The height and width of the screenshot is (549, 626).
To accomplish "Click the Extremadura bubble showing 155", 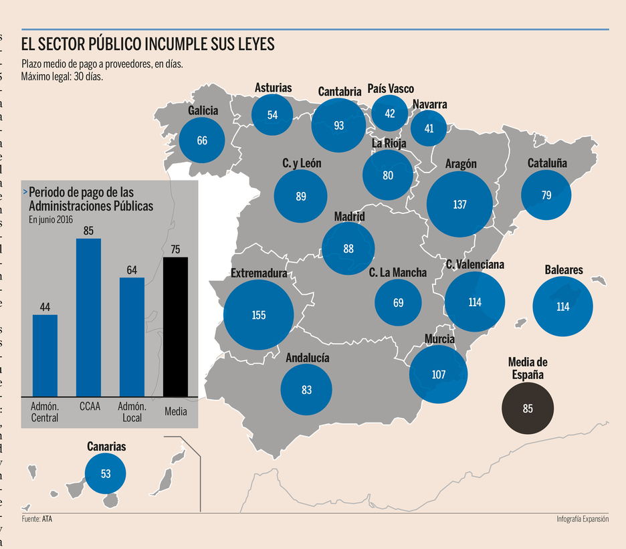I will [x=259, y=316].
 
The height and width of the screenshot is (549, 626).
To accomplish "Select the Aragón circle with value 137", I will [x=459, y=205].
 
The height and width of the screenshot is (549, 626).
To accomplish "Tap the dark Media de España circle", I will [x=528, y=408].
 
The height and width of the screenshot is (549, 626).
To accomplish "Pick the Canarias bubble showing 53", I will [x=105, y=473].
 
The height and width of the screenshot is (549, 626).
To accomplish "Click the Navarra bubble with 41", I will [x=429, y=128].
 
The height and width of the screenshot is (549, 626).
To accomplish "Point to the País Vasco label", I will [x=391, y=89].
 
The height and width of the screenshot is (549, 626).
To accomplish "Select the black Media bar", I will [x=176, y=326].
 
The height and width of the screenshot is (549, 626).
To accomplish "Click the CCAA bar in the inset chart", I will [x=88, y=316].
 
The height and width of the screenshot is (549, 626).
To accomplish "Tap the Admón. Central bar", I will [x=45, y=354].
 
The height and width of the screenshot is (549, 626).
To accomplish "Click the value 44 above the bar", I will [x=45, y=307].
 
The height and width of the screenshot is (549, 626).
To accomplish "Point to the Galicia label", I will [x=203, y=110].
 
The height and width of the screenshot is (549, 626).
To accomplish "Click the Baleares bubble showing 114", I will [x=562, y=307].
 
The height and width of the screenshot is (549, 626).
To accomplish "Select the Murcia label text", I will [x=439, y=339].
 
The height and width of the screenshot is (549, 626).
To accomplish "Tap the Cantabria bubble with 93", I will [x=338, y=125].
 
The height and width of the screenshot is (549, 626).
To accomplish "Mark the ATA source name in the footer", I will [x=47, y=519].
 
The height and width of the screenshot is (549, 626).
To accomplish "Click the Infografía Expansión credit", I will [x=582, y=519].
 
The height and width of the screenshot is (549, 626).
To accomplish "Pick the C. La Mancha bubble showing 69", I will [x=399, y=303].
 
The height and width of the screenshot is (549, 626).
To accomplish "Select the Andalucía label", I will [x=307, y=358].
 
